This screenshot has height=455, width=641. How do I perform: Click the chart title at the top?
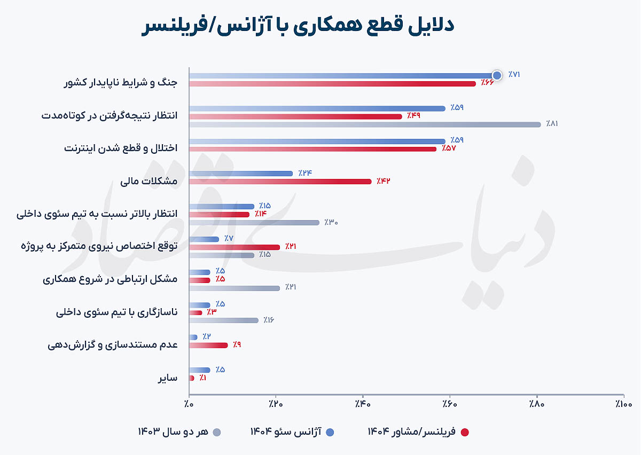click(298, 26)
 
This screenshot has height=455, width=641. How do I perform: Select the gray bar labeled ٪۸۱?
click(365, 124)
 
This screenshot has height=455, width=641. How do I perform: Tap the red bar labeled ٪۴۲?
click(280, 182)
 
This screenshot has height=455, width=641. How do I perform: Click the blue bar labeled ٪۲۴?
click(241, 174)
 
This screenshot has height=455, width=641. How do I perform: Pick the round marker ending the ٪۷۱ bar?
click(497, 75)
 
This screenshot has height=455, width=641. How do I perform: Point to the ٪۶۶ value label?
click(487, 83)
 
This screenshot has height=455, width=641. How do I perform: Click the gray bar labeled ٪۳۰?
click(254, 223)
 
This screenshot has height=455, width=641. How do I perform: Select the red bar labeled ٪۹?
click(208, 346)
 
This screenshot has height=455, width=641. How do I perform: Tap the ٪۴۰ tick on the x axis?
click(363, 396)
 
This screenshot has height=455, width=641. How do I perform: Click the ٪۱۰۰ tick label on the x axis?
click(623, 404)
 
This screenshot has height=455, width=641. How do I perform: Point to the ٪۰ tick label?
click(189, 404)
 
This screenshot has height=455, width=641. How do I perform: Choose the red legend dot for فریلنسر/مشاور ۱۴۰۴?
click(465, 433)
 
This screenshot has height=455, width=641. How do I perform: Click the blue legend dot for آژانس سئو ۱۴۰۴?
click(330, 433)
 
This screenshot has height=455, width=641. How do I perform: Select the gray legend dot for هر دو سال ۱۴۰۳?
click(217, 433)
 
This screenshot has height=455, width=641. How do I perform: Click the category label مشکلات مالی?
click(149, 181)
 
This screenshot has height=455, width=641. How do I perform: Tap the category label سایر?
click(168, 378)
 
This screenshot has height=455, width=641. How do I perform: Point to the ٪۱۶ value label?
click(269, 320)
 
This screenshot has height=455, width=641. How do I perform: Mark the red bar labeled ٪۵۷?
click(313, 149)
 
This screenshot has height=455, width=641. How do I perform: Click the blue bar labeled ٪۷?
click(204, 239)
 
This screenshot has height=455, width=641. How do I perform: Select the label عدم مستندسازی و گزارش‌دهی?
click(113, 345)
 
